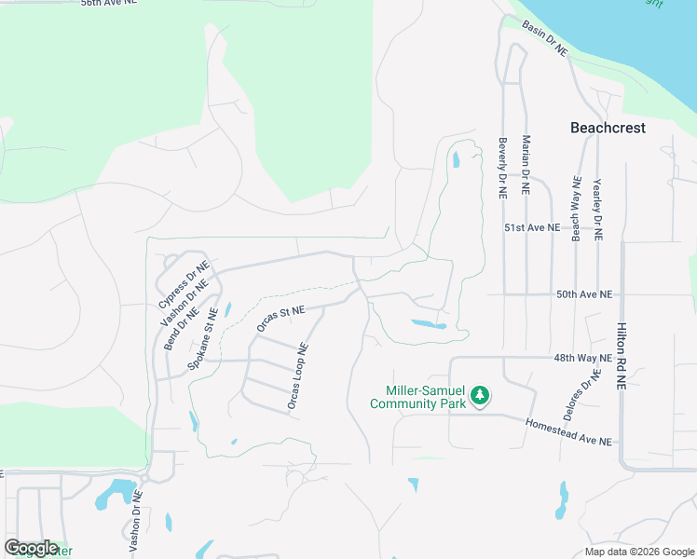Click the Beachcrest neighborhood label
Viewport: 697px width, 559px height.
point(607,128)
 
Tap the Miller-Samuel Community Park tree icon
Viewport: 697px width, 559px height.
point(480,396)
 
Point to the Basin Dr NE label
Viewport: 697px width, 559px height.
point(544,38)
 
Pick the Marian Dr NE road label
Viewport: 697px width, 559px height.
point(526,164)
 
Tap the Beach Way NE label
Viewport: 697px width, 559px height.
point(577,209)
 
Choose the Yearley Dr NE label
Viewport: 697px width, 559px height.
point(597,209)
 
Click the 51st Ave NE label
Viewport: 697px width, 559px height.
point(531,227)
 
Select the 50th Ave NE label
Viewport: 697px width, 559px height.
point(584,294)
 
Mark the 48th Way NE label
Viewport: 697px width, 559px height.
point(583,358)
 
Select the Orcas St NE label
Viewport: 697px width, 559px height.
point(280,318)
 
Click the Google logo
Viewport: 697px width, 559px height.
point(31,548)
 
